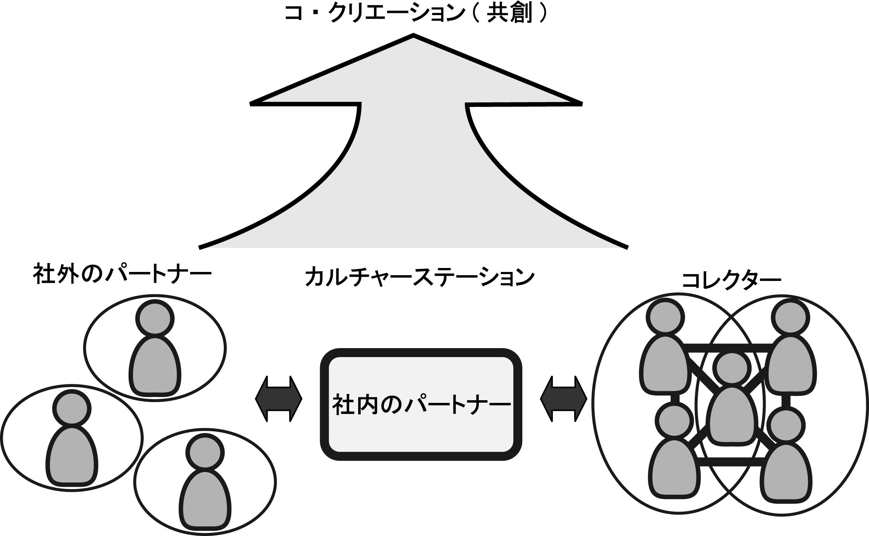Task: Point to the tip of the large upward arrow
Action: [x=413, y=36]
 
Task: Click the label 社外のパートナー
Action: [x=122, y=274]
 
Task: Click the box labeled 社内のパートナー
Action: [x=421, y=404]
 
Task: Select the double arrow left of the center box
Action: [x=278, y=399]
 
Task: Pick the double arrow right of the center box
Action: [x=563, y=399]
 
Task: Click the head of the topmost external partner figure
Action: [x=155, y=318]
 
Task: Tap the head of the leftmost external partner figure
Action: [x=71, y=408]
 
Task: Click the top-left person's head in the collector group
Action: [x=665, y=317]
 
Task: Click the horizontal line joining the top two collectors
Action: [x=727, y=348]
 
